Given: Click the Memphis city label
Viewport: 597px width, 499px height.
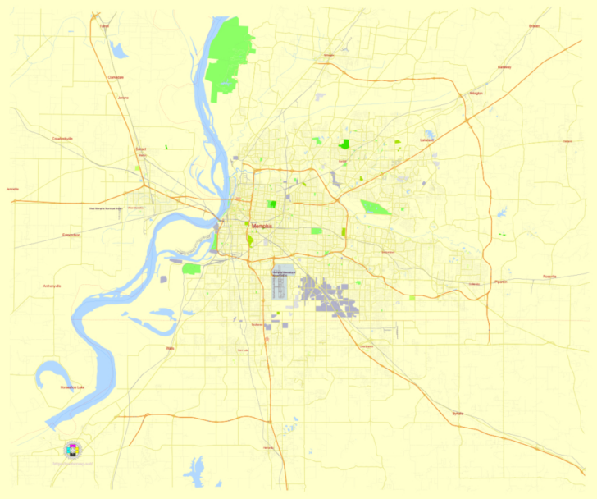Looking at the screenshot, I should (262, 226).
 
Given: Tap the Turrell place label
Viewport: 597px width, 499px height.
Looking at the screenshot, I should (103, 26).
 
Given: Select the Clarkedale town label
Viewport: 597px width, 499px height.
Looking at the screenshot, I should (116, 77).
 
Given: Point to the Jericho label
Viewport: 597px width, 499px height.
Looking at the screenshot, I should (123, 98).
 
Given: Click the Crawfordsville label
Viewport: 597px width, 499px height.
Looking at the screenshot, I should (62, 139).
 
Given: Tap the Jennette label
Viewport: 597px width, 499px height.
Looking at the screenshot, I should (11, 189).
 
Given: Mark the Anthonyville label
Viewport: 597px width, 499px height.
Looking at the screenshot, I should (52, 286).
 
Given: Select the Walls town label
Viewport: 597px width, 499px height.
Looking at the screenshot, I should (170, 348).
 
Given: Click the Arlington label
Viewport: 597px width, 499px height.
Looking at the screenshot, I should (476, 93).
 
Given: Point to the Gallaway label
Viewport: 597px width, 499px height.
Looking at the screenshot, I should (504, 67).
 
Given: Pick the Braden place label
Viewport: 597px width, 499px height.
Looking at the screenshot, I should (535, 26).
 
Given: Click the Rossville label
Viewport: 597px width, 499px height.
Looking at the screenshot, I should (549, 277).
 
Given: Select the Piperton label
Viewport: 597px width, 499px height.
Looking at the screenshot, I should (500, 282).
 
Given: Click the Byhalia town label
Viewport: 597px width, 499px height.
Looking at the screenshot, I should (457, 414).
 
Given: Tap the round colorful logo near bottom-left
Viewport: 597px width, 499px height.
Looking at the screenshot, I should (73, 449).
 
